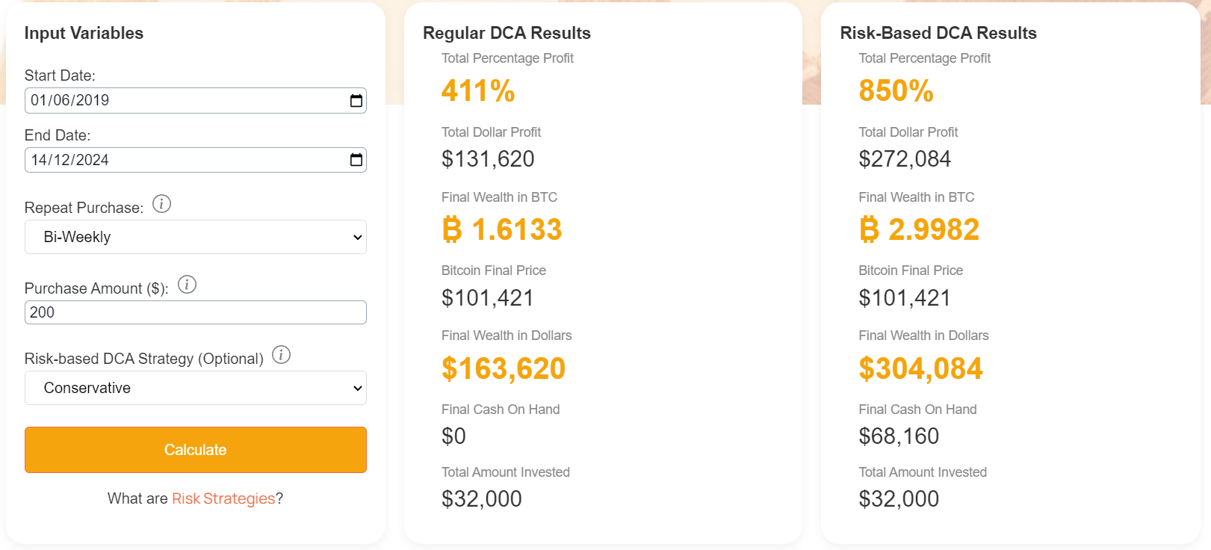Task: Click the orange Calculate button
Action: [x=195, y=450]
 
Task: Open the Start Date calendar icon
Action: [x=356, y=100]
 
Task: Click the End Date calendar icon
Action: [x=356, y=160]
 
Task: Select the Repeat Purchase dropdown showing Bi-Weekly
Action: [x=195, y=237]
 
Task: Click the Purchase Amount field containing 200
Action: [x=195, y=312]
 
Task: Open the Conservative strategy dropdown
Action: [x=195, y=388]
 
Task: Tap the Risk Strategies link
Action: [x=223, y=498]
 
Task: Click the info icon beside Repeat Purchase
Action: [x=161, y=204]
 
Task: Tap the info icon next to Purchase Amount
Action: [x=187, y=285]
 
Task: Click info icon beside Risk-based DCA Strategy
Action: [x=281, y=355]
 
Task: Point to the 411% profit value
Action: [x=478, y=91]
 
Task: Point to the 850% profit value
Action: [x=896, y=91]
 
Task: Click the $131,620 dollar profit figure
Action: [x=488, y=159]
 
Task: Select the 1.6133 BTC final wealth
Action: [x=501, y=229]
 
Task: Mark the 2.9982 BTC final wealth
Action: [x=919, y=229]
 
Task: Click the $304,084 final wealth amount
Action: [x=920, y=368]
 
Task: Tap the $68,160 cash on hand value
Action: [x=899, y=436]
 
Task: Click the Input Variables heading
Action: [x=84, y=33]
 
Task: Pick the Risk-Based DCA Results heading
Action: [x=938, y=33]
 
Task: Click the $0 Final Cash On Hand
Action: [x=453, y=436]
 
